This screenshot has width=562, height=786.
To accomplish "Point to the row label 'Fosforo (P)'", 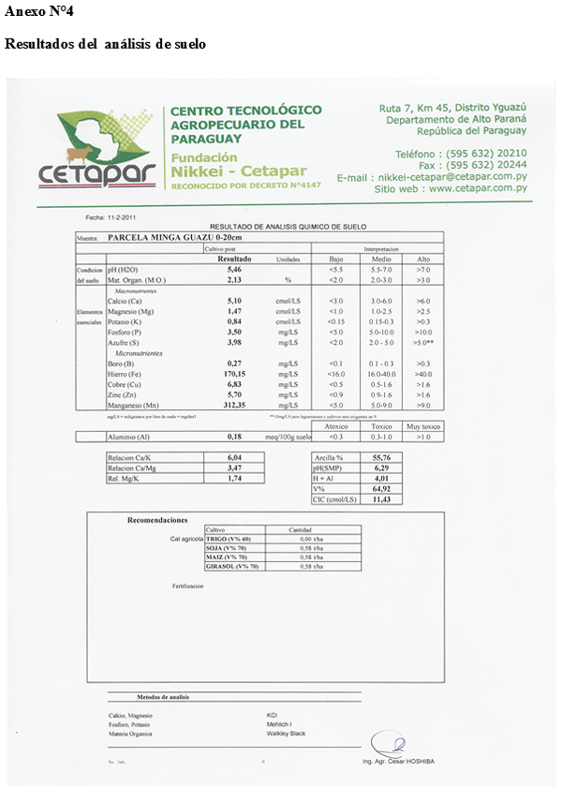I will (x=125, y=332).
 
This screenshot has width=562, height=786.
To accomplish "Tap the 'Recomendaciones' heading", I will (x=157, y=520).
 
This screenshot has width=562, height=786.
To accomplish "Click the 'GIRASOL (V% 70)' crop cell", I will (x=232, y=567).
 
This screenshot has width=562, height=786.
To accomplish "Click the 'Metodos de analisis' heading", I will (x=163, y=696).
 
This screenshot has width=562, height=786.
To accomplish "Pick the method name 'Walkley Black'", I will (x=286, y=734).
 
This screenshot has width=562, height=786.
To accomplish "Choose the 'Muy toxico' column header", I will (x=423, y=426).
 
